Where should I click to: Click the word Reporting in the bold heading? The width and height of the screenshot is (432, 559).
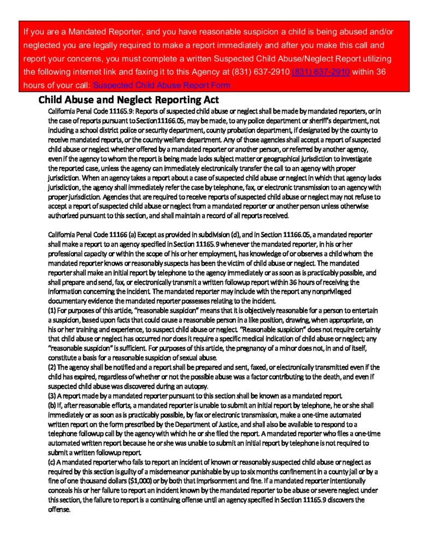[x=165, y=100]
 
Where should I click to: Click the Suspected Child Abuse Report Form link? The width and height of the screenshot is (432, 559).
[x=162, y=85]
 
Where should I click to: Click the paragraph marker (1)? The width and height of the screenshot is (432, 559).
[x=52, y=311]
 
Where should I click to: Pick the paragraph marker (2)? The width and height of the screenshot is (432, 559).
[x=52, y=367]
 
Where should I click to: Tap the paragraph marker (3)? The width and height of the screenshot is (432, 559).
[x=52, y=395]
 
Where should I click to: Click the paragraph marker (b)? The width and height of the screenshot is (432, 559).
[x=52, y=404]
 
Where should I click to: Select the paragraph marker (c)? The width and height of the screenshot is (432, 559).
[x=52, y=462]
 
